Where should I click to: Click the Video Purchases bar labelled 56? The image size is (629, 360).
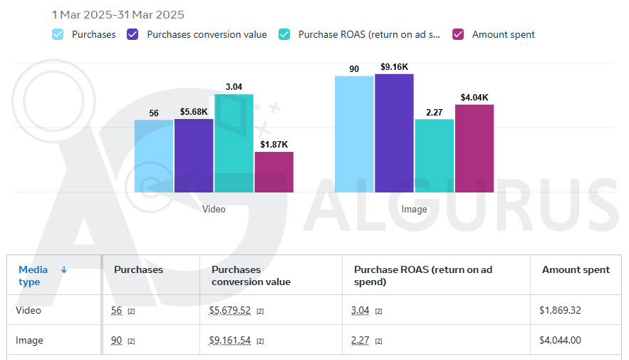click(154, 156)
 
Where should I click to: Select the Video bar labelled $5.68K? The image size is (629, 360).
click(194, 155)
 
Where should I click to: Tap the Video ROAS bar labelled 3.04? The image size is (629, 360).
click(234, 143)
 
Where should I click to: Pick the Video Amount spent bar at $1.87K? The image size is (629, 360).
click(274, 172)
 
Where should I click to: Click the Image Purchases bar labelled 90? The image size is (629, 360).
click(354, 134)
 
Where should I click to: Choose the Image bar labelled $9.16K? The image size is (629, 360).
click(394, 133)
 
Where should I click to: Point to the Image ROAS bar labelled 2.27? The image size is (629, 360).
click(435, 155)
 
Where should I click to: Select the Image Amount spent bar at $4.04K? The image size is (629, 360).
click(474, 148)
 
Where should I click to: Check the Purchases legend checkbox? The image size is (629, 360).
click(58, 34)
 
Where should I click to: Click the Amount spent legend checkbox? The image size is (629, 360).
click(459, 34)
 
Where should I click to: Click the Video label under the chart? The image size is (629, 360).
click(214, 210)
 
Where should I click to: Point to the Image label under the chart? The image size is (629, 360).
click(414, 210)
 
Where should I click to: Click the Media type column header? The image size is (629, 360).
click(33, 275)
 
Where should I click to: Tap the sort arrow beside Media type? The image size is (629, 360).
click(64, 269)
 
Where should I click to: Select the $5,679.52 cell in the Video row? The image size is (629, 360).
click(231, 311)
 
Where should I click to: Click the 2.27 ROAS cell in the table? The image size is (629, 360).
click(360, 341)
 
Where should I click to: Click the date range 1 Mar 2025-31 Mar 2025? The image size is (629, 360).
click(118, 15)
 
